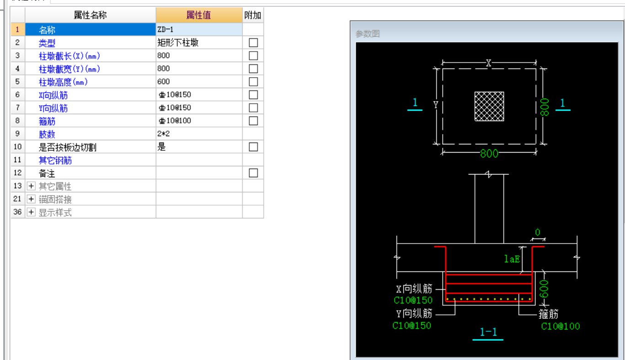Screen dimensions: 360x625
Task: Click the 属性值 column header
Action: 198,15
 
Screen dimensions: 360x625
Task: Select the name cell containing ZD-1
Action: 198,29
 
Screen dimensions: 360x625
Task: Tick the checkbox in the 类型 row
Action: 253,42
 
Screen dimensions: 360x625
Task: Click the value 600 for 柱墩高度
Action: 164,82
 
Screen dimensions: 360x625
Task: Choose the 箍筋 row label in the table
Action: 47,122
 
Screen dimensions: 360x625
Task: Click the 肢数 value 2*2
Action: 163,134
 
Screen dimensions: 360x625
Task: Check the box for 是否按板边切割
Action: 253,147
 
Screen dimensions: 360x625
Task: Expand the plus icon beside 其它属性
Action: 31,186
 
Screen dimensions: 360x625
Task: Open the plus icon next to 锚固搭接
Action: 31,199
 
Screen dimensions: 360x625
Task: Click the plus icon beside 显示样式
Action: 31,212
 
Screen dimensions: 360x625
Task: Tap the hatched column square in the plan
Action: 489,106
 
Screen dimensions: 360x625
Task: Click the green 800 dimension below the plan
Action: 489,154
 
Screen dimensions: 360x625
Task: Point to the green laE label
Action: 512,259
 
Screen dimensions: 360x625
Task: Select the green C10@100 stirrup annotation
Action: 560,326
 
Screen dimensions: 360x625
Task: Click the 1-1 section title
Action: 488,332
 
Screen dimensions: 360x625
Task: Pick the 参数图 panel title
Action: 368,34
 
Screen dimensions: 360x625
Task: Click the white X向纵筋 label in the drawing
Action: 414,289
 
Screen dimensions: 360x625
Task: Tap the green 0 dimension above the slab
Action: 537,233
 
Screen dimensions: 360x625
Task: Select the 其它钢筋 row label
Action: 55,160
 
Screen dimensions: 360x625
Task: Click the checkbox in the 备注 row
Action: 253,173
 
